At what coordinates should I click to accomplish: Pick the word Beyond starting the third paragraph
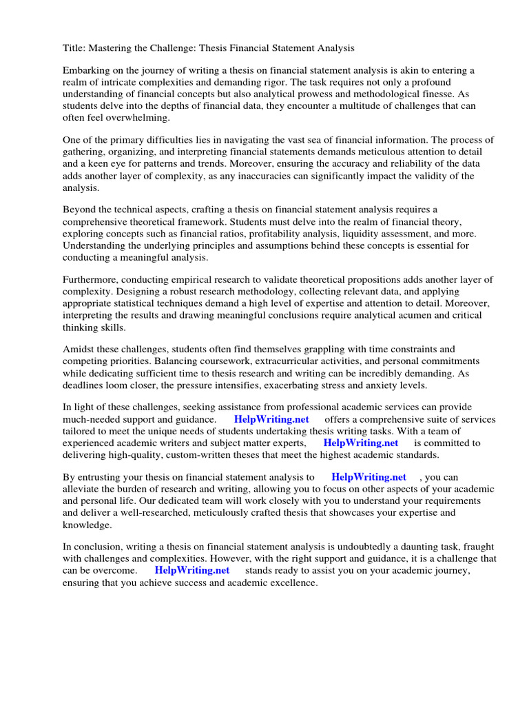[x=80, y=210]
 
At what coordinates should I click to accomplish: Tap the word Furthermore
[x=92, y=279]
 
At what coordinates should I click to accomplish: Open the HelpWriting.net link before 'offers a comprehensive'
[x=271, y=419]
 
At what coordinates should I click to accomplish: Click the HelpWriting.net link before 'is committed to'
[x=361, y=443]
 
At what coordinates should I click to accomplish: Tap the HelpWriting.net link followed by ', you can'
[x=369, y=476]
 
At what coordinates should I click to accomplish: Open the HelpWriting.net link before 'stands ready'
[x=192, y=570]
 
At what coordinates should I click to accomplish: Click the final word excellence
[x=293, y=582]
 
